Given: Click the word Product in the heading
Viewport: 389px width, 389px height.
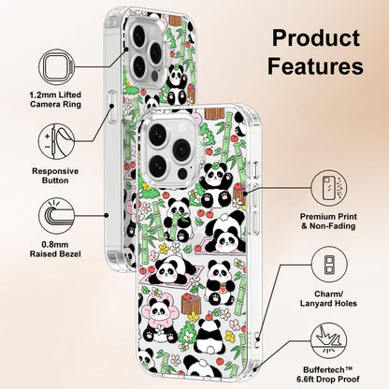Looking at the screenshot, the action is coord(316,38).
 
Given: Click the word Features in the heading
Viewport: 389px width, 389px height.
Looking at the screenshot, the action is coord(315,65).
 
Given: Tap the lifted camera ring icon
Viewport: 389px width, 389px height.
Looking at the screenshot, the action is coord(57,67).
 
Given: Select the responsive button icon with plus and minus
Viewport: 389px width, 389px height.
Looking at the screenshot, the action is coord(57,141).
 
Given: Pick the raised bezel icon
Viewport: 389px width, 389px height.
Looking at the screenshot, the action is coord(57,216).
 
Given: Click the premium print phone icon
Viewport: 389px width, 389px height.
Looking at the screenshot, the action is coord(329,188).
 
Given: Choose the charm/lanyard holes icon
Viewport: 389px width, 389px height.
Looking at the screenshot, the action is coord(329,265).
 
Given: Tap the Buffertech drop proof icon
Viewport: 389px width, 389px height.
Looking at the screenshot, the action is coord(329,340).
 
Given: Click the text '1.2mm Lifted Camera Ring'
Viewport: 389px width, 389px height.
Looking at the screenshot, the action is coord(55,99).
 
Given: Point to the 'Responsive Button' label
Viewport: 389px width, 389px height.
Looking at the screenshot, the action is coord(55,176).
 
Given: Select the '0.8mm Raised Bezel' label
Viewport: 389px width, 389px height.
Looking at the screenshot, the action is coord(55,250).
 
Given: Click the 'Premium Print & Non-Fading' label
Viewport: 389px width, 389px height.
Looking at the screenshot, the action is coord(328,222).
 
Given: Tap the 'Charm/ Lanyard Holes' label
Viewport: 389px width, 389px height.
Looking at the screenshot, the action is coord(328,298).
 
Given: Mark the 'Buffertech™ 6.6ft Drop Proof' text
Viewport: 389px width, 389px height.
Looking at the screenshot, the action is coord(328,375).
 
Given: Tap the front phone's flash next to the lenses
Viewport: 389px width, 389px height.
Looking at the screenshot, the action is coord(182,172).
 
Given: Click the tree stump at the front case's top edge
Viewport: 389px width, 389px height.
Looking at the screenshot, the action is coord(215,113).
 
